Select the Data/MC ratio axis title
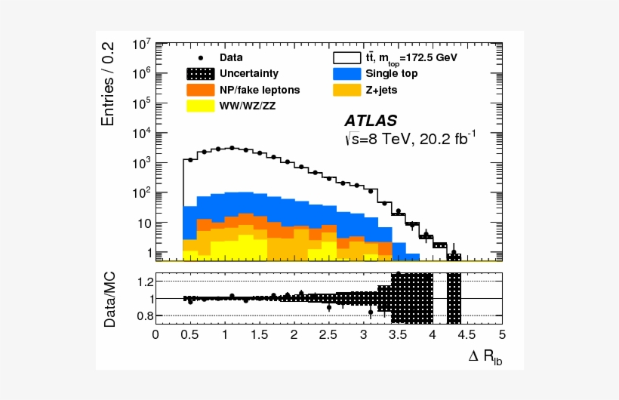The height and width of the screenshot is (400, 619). point(110,299)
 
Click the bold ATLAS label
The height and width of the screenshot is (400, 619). point(371,121)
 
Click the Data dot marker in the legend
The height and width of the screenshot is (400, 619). point(201,57)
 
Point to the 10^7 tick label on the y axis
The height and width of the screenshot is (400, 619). point(142,44)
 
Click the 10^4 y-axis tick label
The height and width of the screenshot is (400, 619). point(142,134)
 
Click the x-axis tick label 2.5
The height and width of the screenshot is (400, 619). point(328,333)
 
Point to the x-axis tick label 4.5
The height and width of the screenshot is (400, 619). point(467,333)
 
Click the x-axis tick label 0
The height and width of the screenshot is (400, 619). point(156,333)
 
